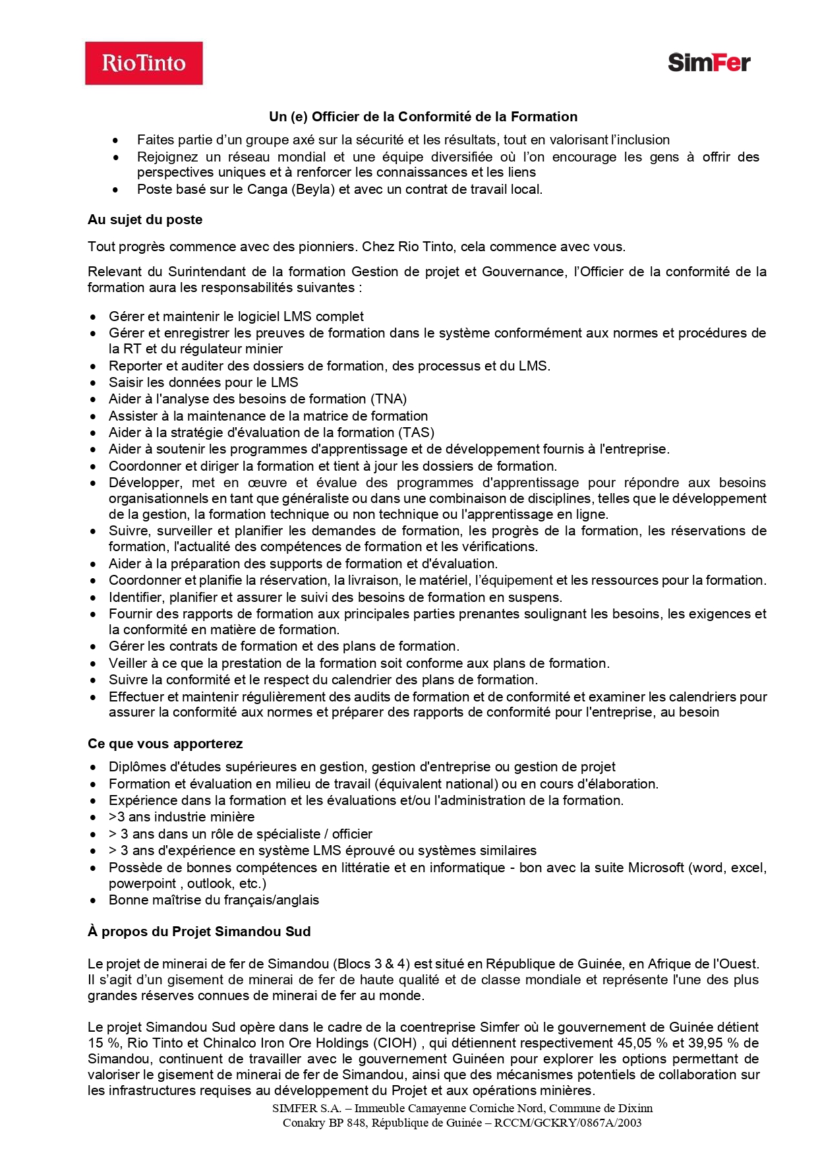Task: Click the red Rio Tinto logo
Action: click(144, 63)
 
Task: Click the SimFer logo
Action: click(709, 63)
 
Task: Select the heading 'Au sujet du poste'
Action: click(145, 220)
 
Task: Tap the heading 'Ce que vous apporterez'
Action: click(165, 744)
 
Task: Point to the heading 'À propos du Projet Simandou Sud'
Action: click(199, 932)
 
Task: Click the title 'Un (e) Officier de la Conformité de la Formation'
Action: click(423, 117)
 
